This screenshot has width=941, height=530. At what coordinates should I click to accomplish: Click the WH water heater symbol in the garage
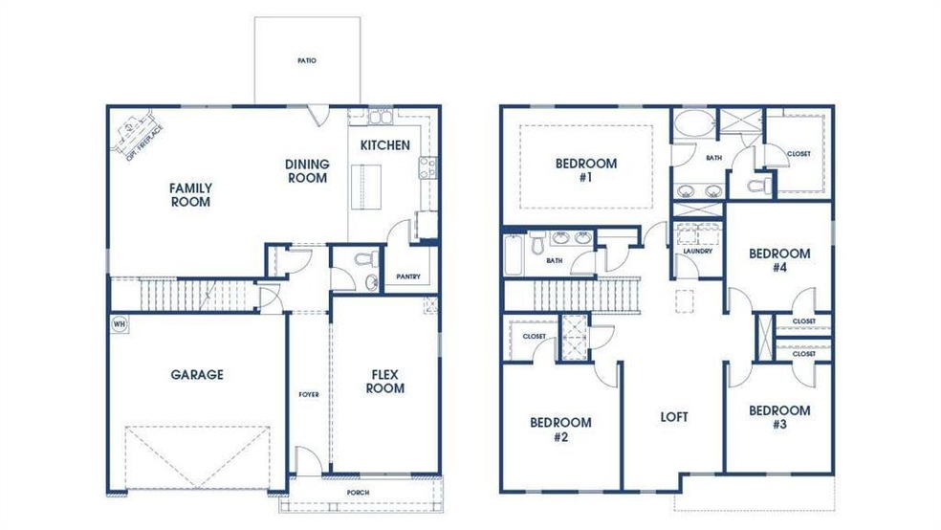click(x=120, y=324)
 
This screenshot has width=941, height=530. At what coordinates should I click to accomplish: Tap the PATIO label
click(x=307, y=60)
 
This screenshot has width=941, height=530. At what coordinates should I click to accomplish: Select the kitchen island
click(x=366, y=187)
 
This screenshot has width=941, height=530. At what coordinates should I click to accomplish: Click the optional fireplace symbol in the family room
click(x=136, y=135)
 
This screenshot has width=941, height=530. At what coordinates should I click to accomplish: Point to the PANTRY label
click(x=408, y=276)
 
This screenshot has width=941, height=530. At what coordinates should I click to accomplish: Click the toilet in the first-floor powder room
click(x=366, y=259)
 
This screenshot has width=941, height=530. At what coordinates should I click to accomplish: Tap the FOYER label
click(x=309, y=394)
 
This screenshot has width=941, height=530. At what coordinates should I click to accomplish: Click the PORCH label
click(x=359, y=493)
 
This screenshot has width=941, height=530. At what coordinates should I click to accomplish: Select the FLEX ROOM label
click(x=385, y=382)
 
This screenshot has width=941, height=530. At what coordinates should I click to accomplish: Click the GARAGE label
click(x=197, y=375)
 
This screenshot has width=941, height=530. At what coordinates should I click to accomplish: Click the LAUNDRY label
click(x=698, y=251)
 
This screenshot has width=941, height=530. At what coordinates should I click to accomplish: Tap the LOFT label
click(x=674, y=416)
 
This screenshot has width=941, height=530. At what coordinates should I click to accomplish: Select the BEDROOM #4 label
click(x=779, y=260)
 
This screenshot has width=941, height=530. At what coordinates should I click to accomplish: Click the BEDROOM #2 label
click(x=560, y=430)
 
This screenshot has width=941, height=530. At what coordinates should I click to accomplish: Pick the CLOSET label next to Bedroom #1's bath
click(x=799, y=154)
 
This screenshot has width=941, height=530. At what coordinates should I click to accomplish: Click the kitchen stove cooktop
click(x=427, y=167)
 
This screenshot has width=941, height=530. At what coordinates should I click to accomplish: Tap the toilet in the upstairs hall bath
click(x=537, y=244)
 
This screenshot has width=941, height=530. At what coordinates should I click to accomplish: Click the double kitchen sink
click(x=380, y=117)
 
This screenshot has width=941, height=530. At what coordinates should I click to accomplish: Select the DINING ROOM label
click(x=307, y=171)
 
